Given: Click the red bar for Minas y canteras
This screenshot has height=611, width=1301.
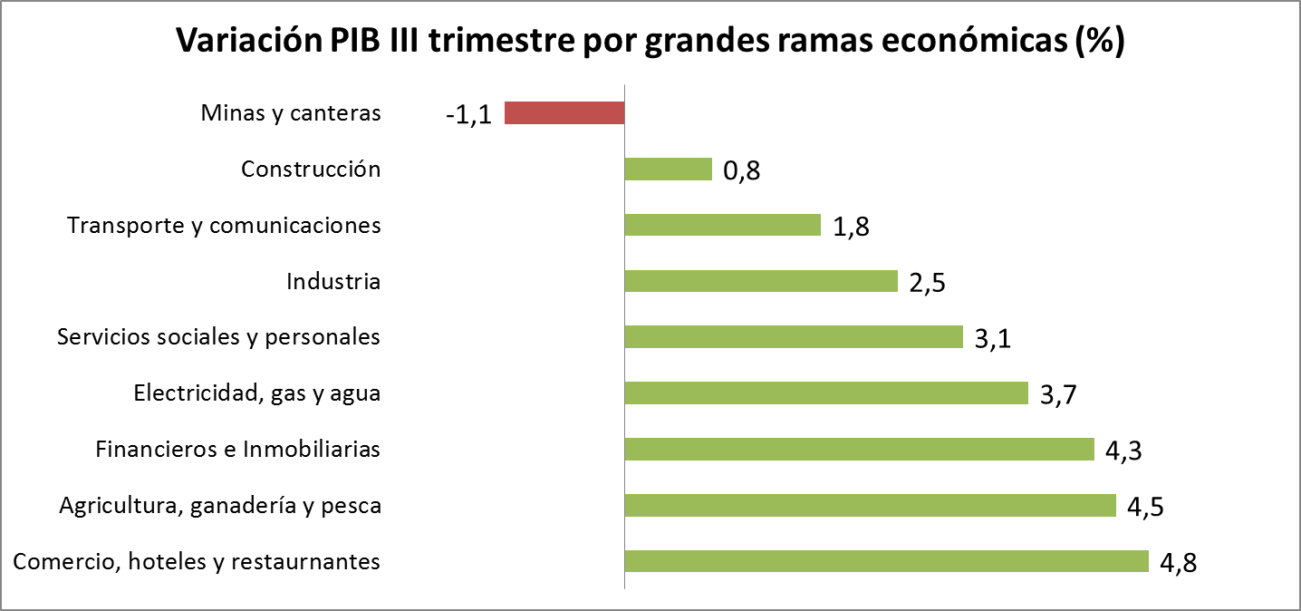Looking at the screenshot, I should click(x=564, y=112).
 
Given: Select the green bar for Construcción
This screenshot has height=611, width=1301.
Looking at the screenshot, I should click(x=669, y=169).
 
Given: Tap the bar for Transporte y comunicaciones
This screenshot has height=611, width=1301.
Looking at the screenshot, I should click(x=723, y=225).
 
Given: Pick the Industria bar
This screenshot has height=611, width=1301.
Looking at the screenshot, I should click(x=761, y=281).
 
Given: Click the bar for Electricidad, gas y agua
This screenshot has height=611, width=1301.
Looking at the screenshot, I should click(x=826, y=393).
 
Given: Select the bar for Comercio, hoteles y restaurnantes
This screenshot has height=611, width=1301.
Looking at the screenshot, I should click(x=886, y=561).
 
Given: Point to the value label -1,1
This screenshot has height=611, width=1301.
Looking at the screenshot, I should click(x=468, y=115).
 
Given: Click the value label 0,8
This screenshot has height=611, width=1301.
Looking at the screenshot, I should click(x=741, y=171).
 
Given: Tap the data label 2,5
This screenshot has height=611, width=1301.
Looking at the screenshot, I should click(x=927, y=283).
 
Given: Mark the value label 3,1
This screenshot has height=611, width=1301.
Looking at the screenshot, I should click(x=992, y=339).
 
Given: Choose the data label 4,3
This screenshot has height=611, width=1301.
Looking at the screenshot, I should click(x=1123, y=451).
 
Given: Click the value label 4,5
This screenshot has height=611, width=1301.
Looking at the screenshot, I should click(x=1145, y=507).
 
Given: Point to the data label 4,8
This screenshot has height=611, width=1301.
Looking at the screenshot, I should click(x=1178, y=563).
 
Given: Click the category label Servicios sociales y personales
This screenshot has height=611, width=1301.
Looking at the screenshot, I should click(x=218, y=337).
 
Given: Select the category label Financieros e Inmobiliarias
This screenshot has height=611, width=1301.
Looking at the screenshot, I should click(x=238, y=450).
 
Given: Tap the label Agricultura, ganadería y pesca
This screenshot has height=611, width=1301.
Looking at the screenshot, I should click(x=220, y=506).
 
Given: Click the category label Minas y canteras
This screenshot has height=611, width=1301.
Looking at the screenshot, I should click(x=291, y=114).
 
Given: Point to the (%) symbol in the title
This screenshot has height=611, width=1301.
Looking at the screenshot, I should click(x=1098, y=42).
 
